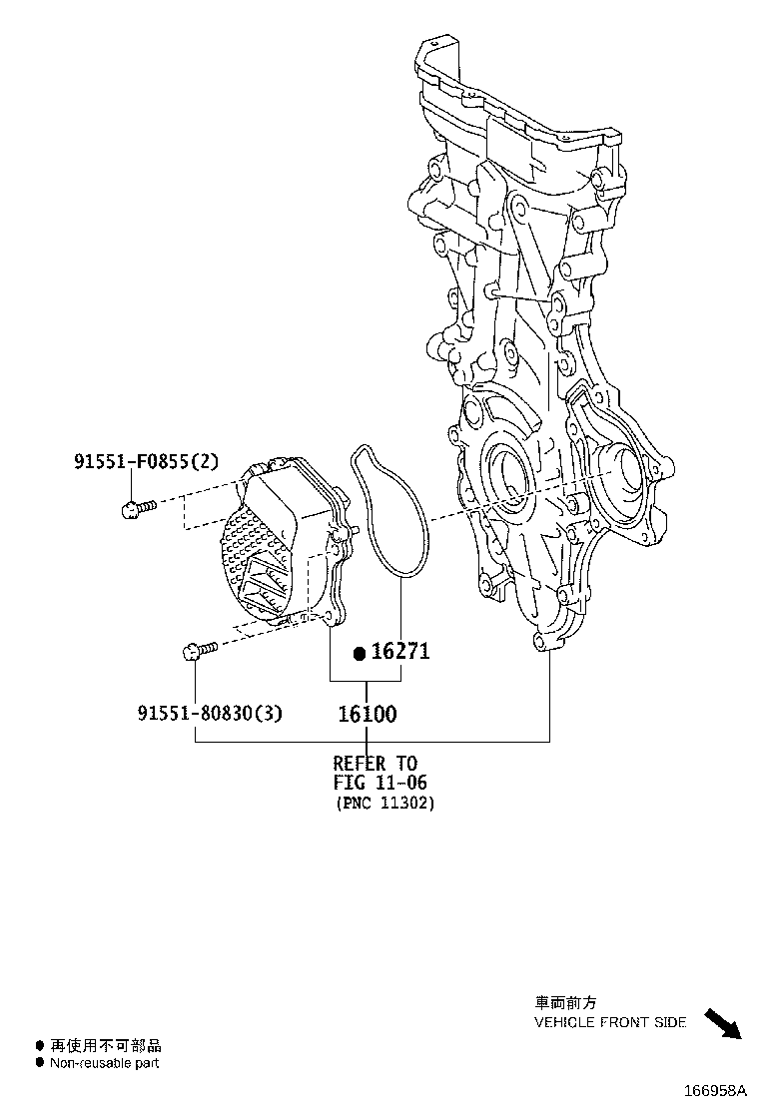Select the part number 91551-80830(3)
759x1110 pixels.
(x=210, y=713)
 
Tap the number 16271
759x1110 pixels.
(x=400, y=652)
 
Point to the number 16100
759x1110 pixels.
(x=367, y=714)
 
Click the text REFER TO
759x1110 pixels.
(x=375, y=764)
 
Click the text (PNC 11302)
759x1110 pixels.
(x=384, y=803)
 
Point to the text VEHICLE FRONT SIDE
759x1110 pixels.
(x=610, y=1022)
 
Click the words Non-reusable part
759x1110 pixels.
(x=105, y=1063)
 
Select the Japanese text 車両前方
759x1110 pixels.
(x=565, y=1003)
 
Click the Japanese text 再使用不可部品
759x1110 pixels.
(x=105, y=1045)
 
